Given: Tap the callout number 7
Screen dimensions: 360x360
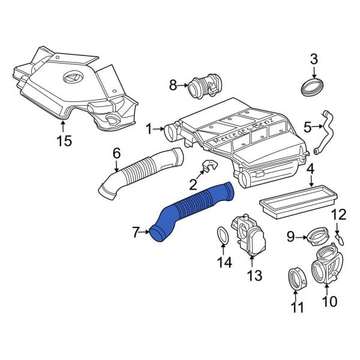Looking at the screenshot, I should tap(136, 230).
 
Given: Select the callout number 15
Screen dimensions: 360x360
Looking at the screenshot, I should tap(64, 141).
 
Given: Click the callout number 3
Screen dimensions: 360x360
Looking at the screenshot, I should tap(313, 59).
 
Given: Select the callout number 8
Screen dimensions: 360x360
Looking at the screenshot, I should tap(173, 85).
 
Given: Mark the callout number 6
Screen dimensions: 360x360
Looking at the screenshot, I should tap(117, 153).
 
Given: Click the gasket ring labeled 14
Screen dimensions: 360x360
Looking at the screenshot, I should tap(222, 236).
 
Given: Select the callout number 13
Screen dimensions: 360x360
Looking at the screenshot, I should tap(254, 275).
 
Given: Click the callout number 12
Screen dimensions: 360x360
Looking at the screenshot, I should tap(339, 214).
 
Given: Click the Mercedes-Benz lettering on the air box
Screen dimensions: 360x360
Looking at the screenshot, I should tap(240, 135).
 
